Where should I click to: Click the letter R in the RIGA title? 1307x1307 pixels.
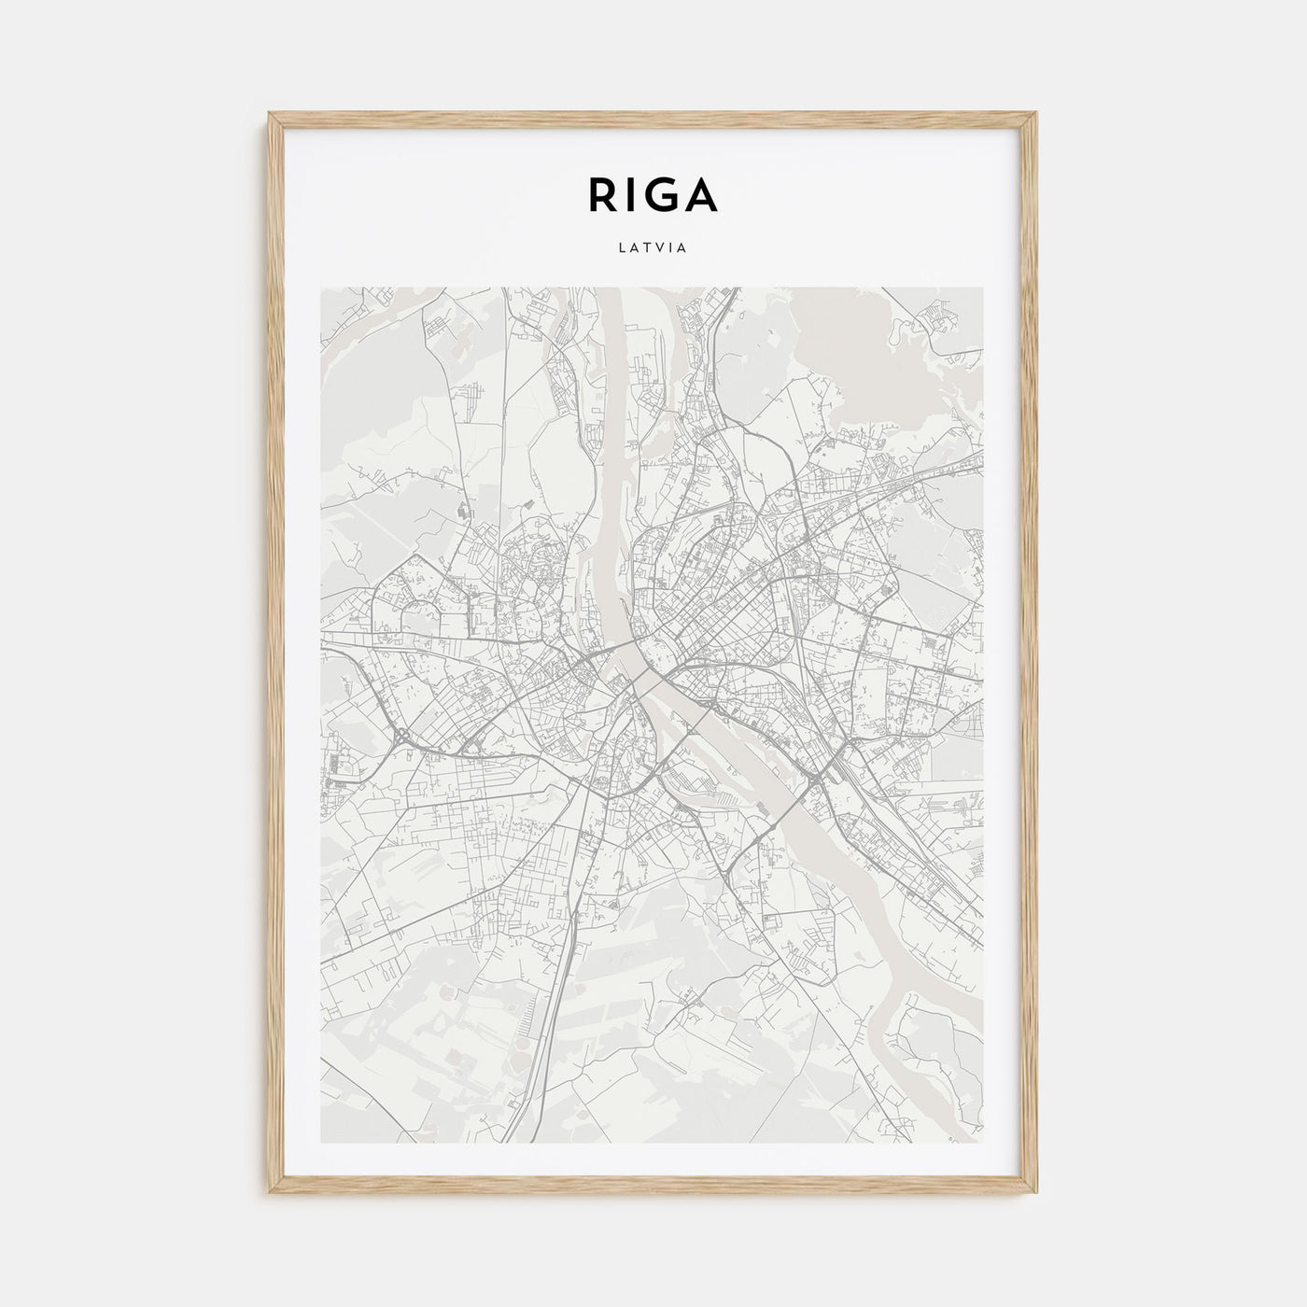(x=602, y=194)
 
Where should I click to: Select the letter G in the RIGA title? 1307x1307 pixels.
(x=664, y=194)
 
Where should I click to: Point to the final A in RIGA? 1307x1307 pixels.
(x=702, y=194)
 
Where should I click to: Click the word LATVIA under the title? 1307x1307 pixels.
(x=653, y=249)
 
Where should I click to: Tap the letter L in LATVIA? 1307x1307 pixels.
(x=623, y=249)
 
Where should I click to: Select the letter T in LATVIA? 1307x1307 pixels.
(x=648, y=249)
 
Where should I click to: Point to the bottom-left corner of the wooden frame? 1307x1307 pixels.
(x=271, y=1194)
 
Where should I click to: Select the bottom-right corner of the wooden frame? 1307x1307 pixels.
(x=1036, y=1194)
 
